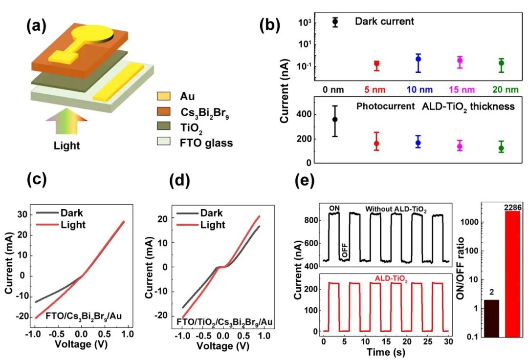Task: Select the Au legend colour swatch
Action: point(164,96)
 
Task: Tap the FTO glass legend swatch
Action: point(164,143)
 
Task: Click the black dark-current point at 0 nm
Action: point(335,22)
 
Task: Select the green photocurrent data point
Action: point(501,148)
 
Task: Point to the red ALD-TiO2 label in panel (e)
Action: point(391,278)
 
